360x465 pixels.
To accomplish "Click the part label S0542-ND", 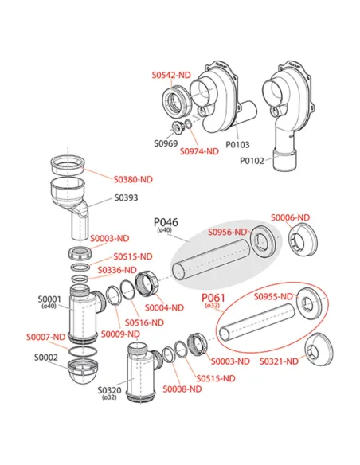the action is pyautogui.click(x=171, y=75).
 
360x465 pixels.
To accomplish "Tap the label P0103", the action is pyautogui.click(x=238, y=145).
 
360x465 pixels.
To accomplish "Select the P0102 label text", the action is pyautogui.click(x=252, y=161).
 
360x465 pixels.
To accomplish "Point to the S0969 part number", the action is pyautogui.click(x=166, y=143).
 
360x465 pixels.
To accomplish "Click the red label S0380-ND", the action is pyautogui.click(x=133, y=179).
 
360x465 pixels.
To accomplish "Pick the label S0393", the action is pyautogui.click(x=127, y=197).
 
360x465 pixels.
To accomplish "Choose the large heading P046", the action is pyautogui.click(x=166, y=222).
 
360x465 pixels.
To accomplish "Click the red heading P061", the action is pyautogui.click(x=213, y=298).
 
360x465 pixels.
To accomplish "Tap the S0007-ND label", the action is pyautogui.click(x=45, y=337).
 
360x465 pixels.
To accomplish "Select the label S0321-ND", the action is pyautogui.click(x=279, y=361).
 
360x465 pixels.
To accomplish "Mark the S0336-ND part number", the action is pyautogui.click(x=117, y=270).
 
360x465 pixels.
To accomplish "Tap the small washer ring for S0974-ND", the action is pyautogui.click(x=188, y=123).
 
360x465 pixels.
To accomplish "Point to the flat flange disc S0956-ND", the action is pyautogui.click(x=265, y=241).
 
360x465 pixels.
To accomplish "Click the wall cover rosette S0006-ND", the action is pyautogui.click(x=303, y=240).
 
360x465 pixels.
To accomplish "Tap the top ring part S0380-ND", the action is pyautogui.click(x=68, y=166).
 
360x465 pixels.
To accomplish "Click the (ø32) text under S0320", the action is pyautogui.click(x=109, y=397).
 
